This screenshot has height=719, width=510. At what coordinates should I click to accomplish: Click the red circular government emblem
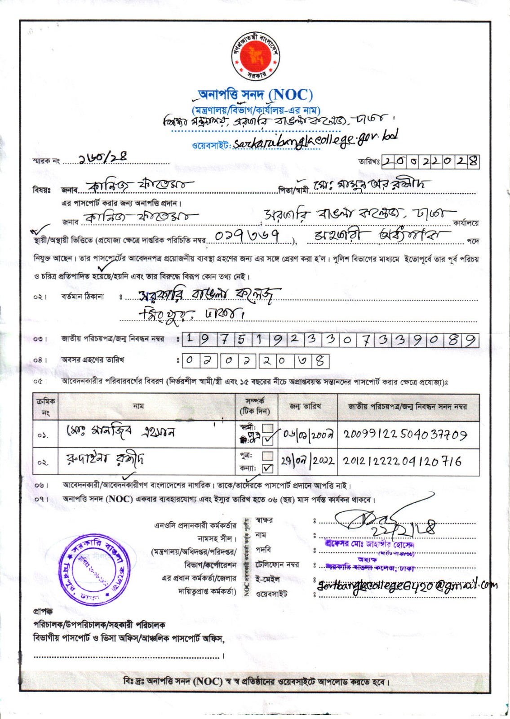[x=255, y=55]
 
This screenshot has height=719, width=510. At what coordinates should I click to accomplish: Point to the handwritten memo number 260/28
[x=102, y=158]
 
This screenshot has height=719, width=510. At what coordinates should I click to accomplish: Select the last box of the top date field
[x=473, y=161]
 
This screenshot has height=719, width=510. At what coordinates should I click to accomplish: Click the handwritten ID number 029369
[x=248, y=236]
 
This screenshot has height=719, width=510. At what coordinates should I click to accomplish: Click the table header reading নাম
[x=139, y=406]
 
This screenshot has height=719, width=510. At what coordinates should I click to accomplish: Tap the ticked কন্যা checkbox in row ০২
[x=268, y=468]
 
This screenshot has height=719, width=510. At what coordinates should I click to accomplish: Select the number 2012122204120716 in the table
[x=402, y=462]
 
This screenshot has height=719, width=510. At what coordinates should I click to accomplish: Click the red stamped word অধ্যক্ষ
[x=367, y=559]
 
